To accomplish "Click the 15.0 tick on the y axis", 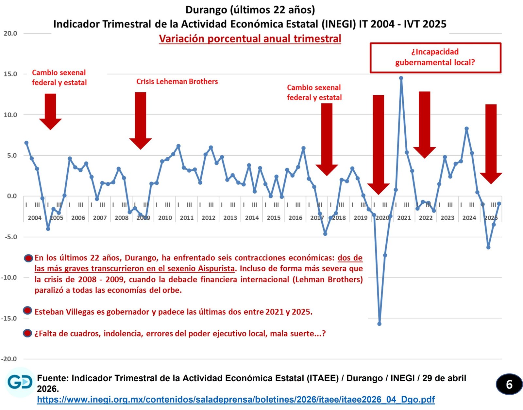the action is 10,74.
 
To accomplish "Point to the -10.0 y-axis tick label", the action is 9,277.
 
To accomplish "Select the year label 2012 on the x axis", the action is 209,218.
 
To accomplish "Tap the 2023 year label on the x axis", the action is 447,218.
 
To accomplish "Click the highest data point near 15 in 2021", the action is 401,78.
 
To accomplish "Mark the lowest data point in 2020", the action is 379,324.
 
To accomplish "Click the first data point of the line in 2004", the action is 26,143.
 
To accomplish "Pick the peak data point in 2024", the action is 466,129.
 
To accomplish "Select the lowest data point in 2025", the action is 488,247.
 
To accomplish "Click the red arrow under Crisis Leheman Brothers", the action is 141,121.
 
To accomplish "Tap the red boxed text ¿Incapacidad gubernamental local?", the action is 435,57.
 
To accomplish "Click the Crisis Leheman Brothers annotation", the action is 177,82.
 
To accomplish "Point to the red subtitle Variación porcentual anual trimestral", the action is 250,39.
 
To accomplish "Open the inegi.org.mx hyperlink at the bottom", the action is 236,399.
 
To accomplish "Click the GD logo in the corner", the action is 20,382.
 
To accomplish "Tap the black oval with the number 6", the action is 509,385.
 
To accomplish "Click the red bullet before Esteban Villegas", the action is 27,310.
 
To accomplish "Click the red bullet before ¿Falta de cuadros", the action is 27,333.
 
